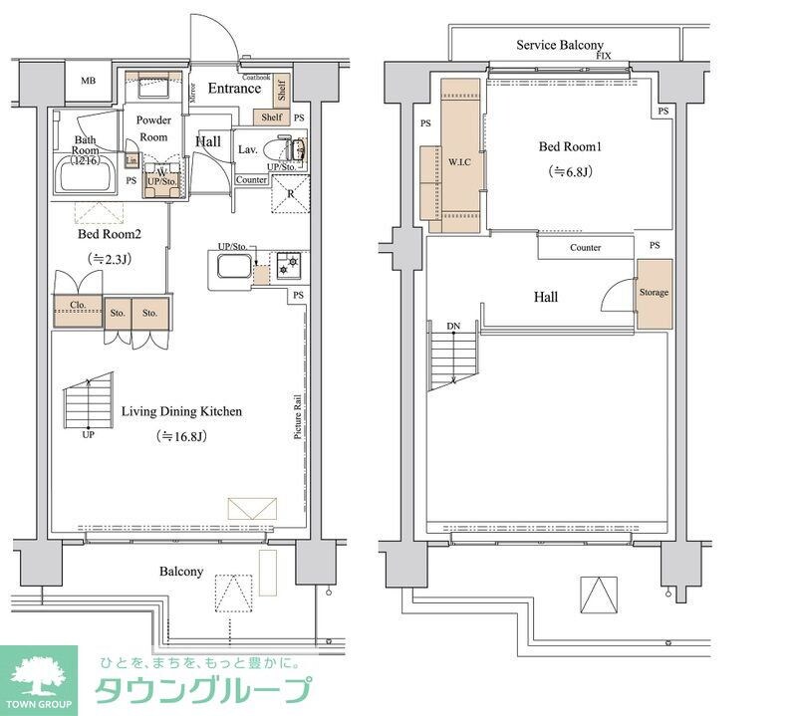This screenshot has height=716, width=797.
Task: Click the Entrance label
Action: (x=234, y=89)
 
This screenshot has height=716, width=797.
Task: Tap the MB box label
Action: (x=89, y=81)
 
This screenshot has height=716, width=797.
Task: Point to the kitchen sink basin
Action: (x=231, y=267)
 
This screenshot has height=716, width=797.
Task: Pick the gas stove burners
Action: (x=287, y=266)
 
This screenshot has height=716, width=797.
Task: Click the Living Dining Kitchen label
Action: (x=181, y=411)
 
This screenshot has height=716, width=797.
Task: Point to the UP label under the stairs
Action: (x=89, y=435)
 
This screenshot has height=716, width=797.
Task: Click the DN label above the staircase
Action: (x=453, y=327)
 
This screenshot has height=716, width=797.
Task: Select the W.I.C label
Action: (x=459, y=161)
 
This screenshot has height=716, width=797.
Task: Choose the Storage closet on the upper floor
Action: (x=654, y=293)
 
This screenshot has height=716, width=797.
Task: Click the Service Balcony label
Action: (x=559, y=45)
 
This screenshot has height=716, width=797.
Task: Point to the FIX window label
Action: (x=603, y=57)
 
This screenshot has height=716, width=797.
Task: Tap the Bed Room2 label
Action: (x=110, y=235)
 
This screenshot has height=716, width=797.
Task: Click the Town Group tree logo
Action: (x=38, y=677)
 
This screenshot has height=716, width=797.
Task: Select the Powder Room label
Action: (x=153, y=127)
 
